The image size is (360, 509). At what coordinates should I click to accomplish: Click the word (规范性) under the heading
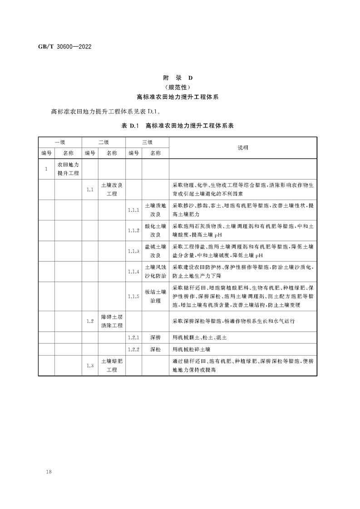coord(181,87)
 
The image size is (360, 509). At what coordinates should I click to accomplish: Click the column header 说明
coord(243,147)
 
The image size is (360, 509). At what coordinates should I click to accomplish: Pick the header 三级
coord(147,142)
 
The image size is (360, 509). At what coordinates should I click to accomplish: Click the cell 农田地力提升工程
coord(68,169)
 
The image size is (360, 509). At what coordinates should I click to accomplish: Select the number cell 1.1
coord(90,190)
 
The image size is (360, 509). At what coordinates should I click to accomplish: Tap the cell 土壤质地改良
coord(155,210)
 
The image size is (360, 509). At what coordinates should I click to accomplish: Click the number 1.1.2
coord(133,230)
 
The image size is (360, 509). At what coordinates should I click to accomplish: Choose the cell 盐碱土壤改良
coord(155,251)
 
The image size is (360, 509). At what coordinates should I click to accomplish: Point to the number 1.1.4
coord(133,271)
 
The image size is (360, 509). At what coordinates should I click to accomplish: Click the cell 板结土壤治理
coord(155,296)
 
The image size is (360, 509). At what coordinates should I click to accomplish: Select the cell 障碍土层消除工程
coord(112,321)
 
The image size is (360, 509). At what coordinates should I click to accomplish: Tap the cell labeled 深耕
coord(155,338)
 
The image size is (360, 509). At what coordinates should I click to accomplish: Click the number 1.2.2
coord(133,350)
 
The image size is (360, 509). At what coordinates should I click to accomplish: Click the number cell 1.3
coord(90,366)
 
